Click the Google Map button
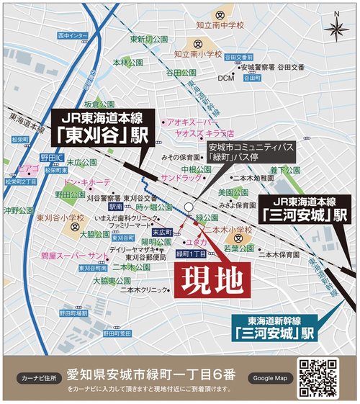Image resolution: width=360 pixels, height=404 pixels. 270,378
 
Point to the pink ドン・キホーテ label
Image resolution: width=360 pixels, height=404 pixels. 87,183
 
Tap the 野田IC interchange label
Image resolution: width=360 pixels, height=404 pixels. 53,157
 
